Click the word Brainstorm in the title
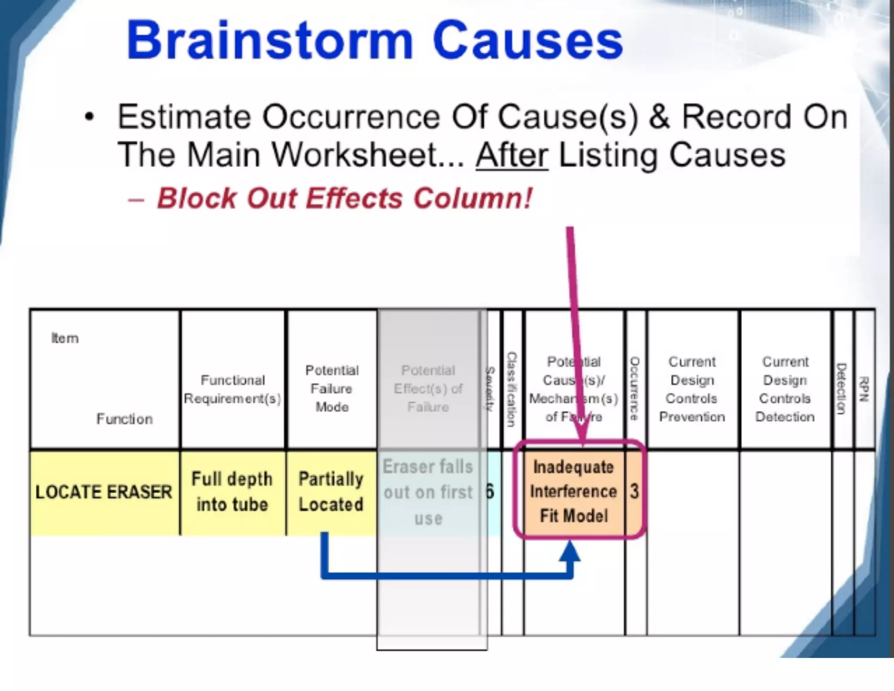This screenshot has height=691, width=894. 269,41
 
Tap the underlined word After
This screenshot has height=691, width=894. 512,155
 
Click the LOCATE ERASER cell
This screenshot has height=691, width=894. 104,492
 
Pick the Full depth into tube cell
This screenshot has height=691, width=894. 232,492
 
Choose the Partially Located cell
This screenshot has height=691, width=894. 331,492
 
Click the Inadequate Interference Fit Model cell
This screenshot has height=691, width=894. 573,492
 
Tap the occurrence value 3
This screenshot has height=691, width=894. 634,492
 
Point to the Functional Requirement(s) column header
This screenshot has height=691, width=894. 232,389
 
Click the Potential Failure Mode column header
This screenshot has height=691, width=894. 332,389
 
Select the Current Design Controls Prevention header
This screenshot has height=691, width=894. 692,389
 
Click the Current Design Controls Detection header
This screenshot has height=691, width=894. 785,389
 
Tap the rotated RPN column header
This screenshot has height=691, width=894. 864,389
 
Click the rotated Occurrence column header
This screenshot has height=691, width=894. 635,389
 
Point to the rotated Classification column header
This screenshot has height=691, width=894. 512,389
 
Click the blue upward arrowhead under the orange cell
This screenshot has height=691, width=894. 570,551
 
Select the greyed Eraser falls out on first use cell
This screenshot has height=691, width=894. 428,492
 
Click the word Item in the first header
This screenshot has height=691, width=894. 65,338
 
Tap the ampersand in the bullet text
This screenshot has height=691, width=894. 659,117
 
